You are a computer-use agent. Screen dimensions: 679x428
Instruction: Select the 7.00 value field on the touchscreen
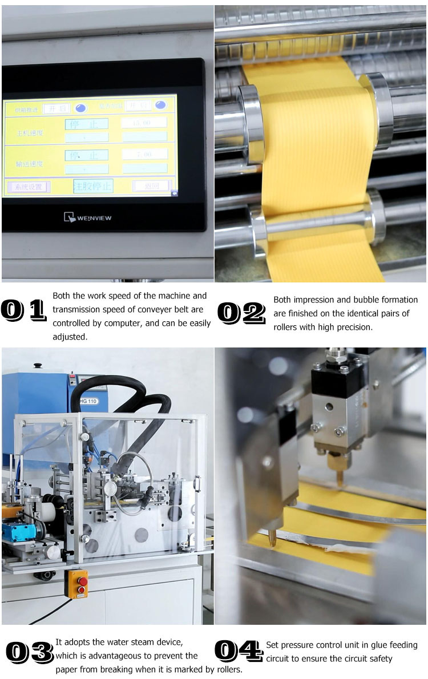[144, 155]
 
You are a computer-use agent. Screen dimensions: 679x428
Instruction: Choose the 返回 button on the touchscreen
[152, 186]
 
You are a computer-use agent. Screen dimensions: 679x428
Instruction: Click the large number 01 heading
[23, 310]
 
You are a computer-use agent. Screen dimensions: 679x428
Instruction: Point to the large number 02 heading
[241, 313]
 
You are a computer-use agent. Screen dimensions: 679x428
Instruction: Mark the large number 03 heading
[29, 652]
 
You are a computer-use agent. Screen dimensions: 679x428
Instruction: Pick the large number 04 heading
[239, 650]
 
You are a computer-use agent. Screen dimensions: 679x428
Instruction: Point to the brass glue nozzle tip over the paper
[340, 477]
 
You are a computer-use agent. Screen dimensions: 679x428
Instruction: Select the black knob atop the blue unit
[38, 366]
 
